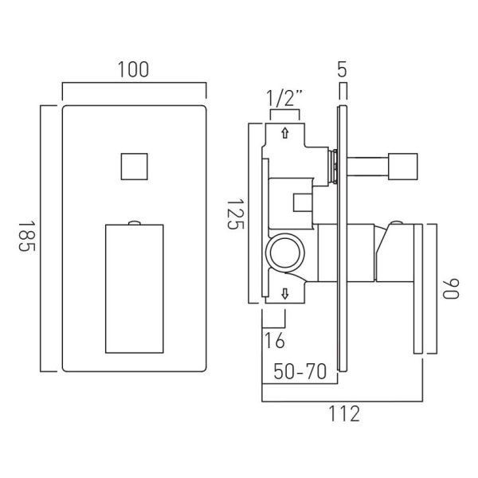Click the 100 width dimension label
[133, 69]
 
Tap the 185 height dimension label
[27, 237]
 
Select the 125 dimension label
[236, 214]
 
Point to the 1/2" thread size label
[284, 98]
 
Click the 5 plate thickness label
[343, 69]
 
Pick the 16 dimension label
[275, 340]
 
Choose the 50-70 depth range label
[300, 371]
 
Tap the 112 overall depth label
[344, 413]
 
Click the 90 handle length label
[451, 288]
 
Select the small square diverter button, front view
[135, 167]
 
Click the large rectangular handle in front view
[135, 288]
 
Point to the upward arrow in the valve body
[285, 133]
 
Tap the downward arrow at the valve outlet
[285, 294]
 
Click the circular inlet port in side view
[285, 253]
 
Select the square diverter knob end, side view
[403, 167]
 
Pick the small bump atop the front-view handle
[135, 223]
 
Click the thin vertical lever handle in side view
[418, 288]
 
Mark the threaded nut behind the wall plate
[333, 167]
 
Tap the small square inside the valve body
[303, 202]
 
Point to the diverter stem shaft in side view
[367, 167]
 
